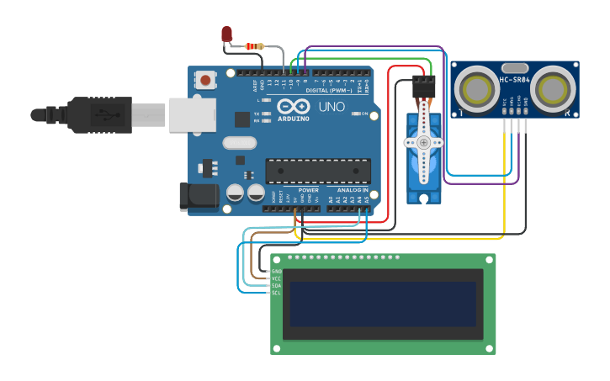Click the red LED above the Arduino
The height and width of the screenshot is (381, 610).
[226, 34]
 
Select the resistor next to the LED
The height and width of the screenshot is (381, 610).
[253, 46]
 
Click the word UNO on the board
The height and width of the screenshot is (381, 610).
[331, 107]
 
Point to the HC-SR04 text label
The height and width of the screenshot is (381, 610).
[514, 80]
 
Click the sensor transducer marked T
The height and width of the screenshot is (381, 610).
[477, 88]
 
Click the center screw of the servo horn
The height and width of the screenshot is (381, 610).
[423, 143]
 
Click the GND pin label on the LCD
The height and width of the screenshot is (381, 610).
[276, 272]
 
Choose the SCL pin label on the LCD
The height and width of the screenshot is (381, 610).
[276, 293]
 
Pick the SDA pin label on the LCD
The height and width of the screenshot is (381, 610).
[276, 286]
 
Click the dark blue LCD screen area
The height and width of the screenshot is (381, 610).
[383, 304]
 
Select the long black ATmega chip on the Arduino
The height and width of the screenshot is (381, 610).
[318, 171]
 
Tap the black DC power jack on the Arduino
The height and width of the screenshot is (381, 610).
[199, 197]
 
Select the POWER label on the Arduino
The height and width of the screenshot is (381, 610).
[308, 190]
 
